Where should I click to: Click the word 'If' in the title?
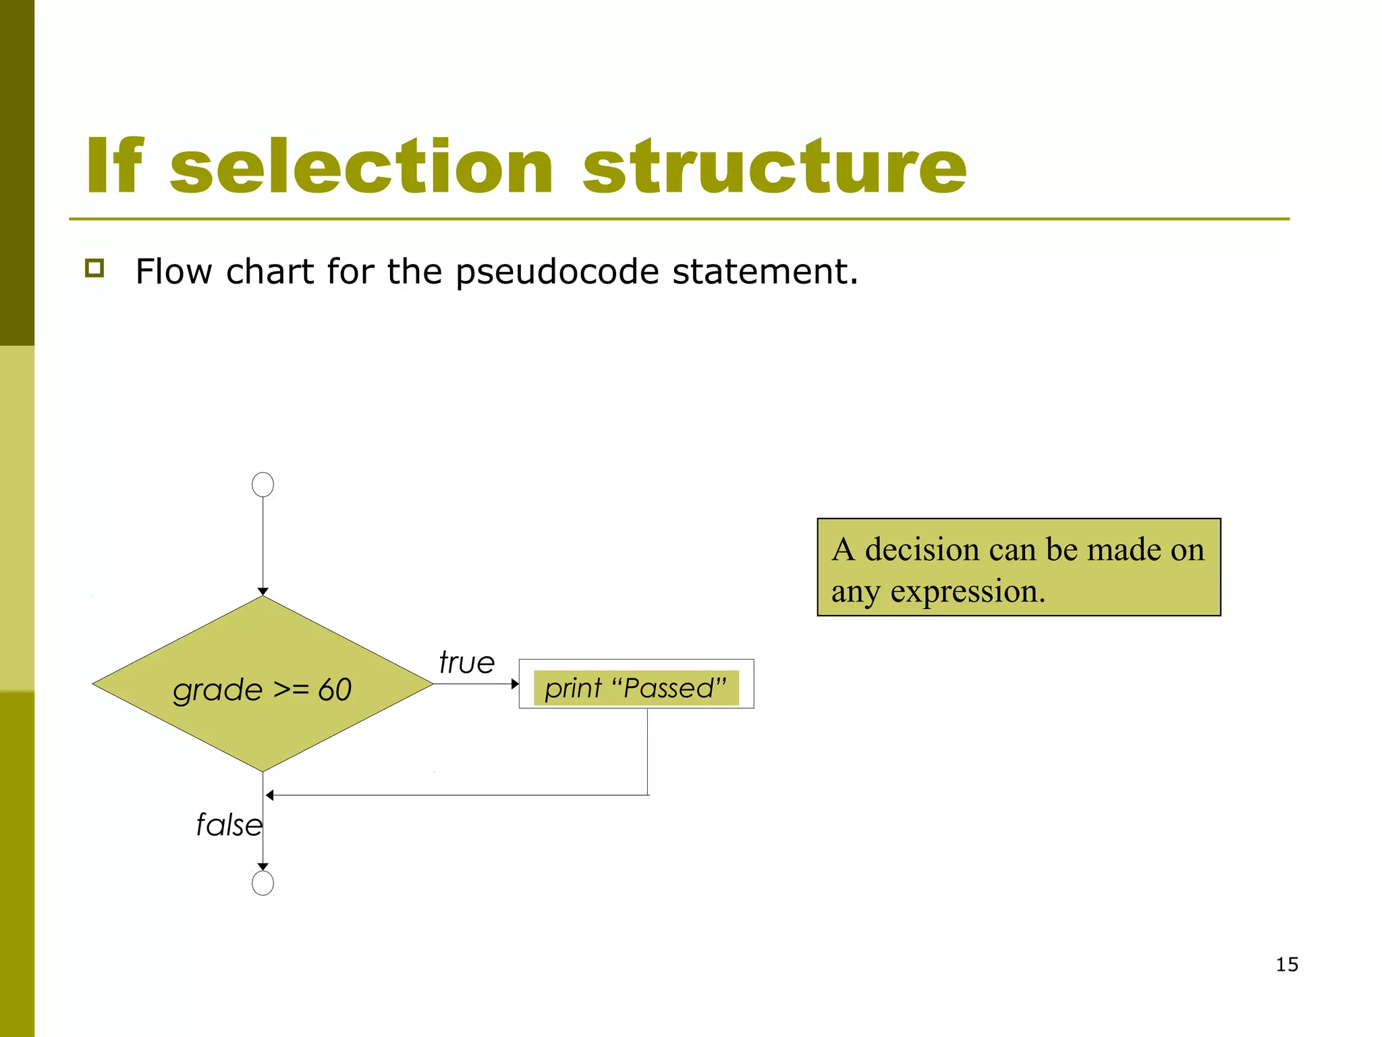coord(115,166)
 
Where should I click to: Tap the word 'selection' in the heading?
coord(362,166)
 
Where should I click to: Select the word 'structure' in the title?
coord(775,166)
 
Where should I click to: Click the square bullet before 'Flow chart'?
coord(94,268)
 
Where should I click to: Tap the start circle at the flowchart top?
coord(262,484)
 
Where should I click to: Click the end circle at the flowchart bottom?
coord(262,882)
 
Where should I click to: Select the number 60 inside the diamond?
coord(335,690)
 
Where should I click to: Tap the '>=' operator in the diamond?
coord(291,690)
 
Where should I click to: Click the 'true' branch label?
coord(466,662)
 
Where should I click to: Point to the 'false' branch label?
coord(228,824)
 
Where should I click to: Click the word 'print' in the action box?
coord(573,689)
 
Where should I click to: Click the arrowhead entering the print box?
coord(515,684)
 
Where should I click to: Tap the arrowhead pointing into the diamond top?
coord(262,591)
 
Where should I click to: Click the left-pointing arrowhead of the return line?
coord(270,795)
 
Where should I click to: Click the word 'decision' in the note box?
coord(922,549)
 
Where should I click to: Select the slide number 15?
coord(1286,964)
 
